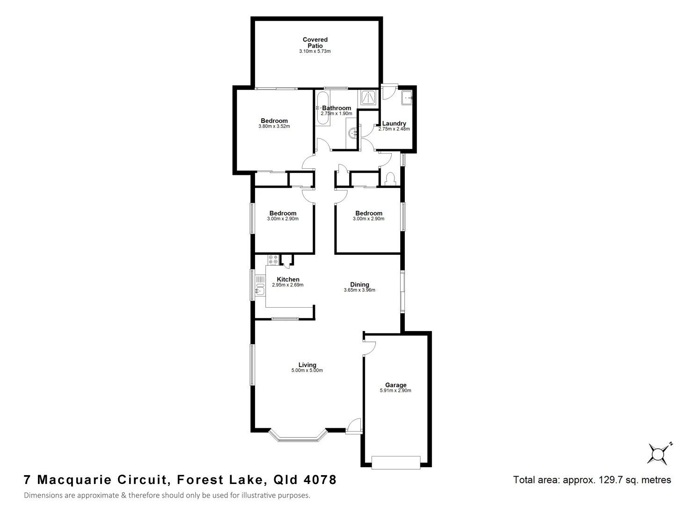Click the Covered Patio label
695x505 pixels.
tap(315, 43)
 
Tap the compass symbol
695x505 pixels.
tap(658, 453)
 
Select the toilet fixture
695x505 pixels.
tap(389, 179)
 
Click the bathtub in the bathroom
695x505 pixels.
tap(322, 108)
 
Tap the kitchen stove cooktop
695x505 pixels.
tap(273, 260)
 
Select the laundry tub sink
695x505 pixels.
tap(406, 98)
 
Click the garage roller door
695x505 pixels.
tap(395, 462)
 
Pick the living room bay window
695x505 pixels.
tap(297, 437)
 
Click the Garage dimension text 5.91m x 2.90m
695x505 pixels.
tap(395, 390)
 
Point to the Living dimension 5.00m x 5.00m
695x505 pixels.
tap(307, 370)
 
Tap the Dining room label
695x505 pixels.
tap(359, 284)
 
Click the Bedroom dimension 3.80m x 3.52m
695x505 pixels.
tap(274, 126)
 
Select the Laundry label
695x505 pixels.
tap(394, 123)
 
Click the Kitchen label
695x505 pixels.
tap(288, 279)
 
